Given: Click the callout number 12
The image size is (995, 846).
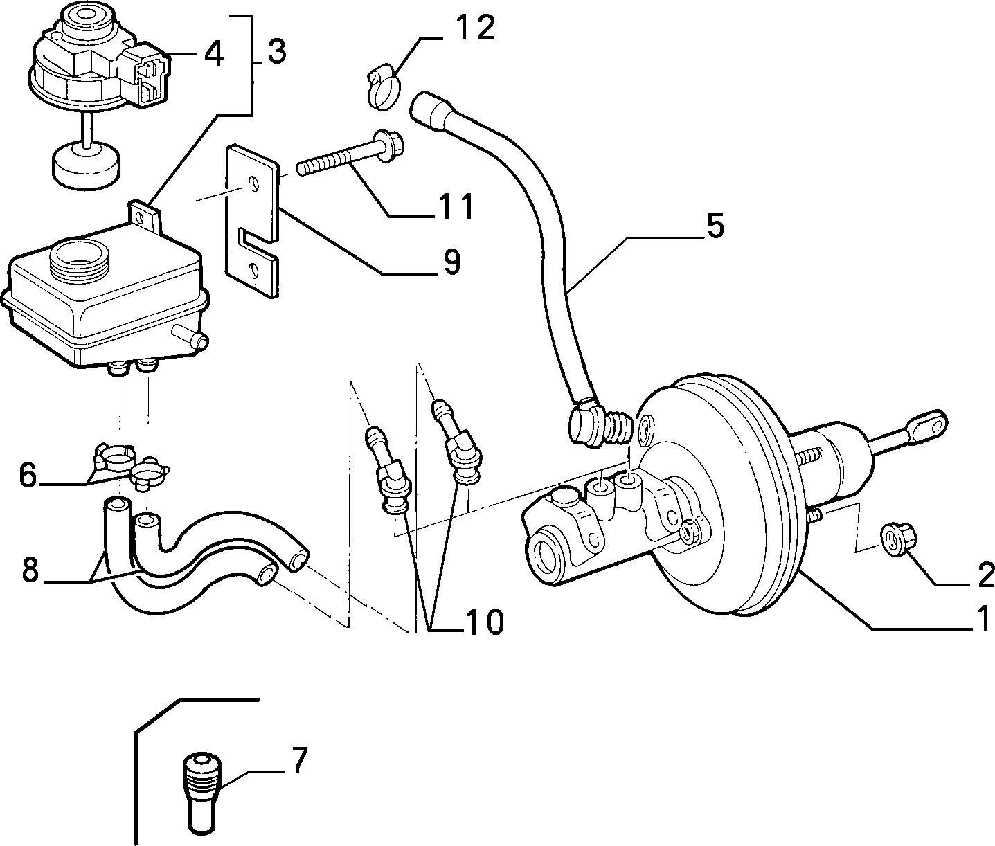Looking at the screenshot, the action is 474,28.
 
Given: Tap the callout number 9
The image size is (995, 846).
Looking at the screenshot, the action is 451,262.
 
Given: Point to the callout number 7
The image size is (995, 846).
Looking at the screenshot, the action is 299,760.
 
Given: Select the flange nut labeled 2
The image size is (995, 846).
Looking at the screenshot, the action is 899,541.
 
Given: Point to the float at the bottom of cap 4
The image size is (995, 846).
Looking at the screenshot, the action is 86,167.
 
